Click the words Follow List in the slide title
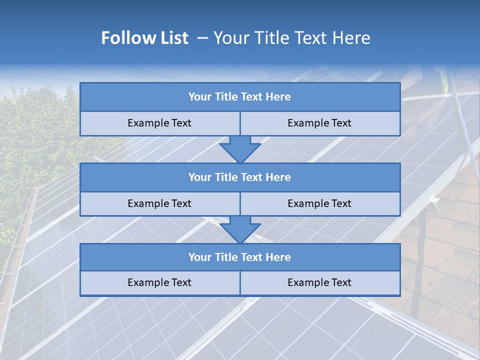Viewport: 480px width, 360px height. [144, 38]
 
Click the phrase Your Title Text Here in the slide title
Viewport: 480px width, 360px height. [291, 38]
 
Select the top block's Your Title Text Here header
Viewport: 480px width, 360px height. [239, 97]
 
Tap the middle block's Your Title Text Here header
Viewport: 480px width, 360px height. [239, 177]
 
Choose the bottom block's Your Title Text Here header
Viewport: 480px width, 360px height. [239, 257]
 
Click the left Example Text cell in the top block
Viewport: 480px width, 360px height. [159, 123]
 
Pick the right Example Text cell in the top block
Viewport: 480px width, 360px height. [319, 123]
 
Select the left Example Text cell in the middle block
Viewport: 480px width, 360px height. [159, 203]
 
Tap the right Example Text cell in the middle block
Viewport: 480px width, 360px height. [319, 203]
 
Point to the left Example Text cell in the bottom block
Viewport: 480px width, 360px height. [159, 282]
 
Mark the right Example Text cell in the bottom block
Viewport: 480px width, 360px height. [319, 282]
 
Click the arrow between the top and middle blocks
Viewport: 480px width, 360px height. [240, 149]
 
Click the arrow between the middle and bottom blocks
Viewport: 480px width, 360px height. [240, 230]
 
